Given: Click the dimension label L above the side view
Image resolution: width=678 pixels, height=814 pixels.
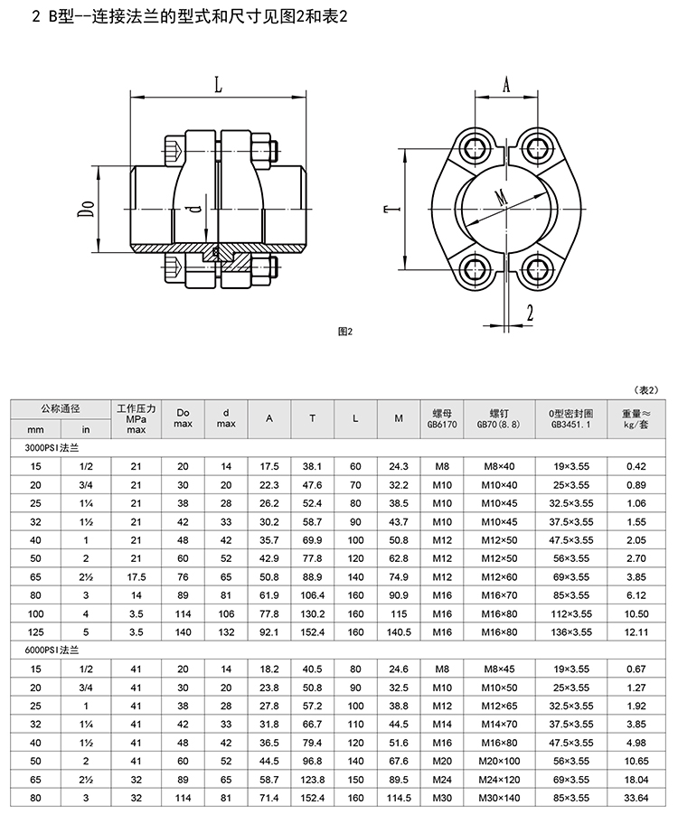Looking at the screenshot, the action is tap(218, 84).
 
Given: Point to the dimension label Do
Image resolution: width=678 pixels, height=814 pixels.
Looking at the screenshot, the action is tap(87, 210).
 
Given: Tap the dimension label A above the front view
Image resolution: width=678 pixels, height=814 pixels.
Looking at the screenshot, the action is tap(506, 84).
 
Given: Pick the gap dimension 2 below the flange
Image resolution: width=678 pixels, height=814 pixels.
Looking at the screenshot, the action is tap(530, 313).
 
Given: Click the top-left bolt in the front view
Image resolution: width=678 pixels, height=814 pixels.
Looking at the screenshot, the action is tap(476, 148).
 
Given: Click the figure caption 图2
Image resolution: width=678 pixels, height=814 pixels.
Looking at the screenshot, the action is tap(345, 332).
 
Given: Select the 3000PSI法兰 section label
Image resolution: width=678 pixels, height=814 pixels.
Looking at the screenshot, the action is tap(52, 447).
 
